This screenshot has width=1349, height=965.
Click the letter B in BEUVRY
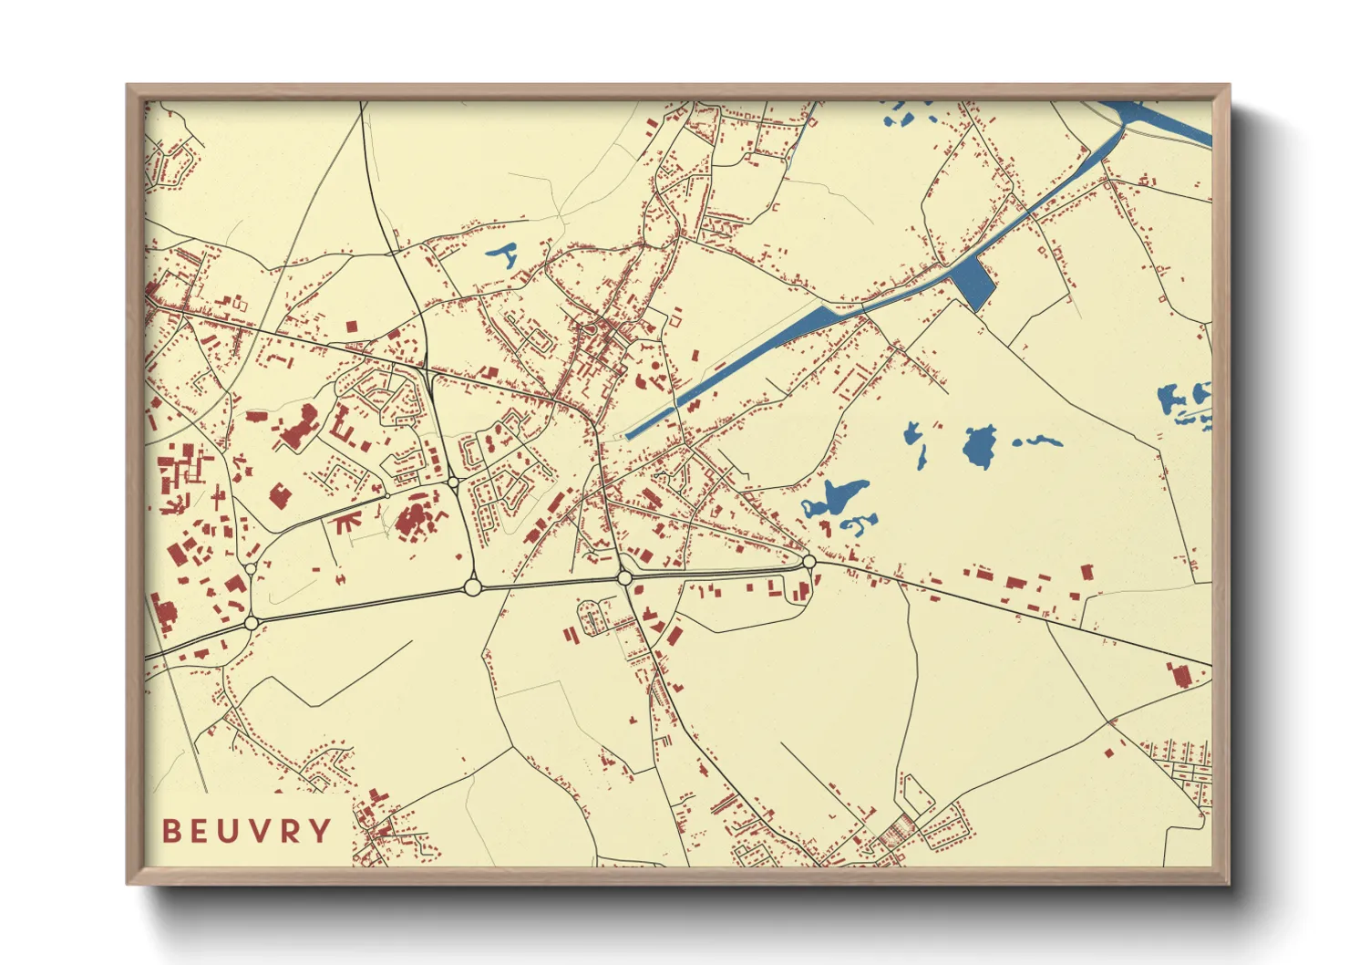pyautogui.click(x=170, y=831)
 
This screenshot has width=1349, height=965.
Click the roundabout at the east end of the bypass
pyautogui.click(x=808, y=562)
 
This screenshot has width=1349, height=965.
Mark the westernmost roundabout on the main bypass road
pyautogui.click(x=252, y=623)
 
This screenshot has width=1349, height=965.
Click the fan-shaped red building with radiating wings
pyautogui.click(x=347, y=523)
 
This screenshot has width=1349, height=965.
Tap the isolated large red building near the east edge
pyautogui.click(x=1179, y=674)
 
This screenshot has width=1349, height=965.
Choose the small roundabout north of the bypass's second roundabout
pyautogui.click(x=453, y=482)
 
